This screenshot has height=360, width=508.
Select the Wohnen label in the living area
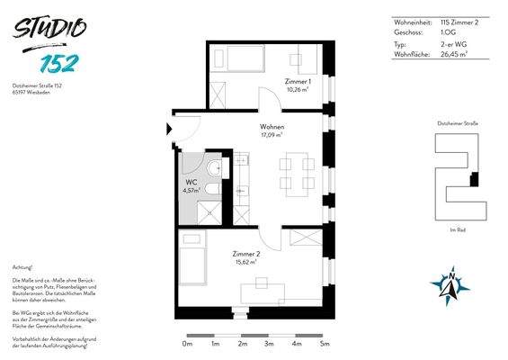[x=272, y=128]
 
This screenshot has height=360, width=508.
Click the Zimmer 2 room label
[x=246, y=255]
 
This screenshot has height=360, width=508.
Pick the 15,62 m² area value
[x=247, y=263]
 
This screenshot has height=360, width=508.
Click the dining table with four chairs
[x=296, y=174]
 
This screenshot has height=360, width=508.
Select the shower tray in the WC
[x=192, y=211]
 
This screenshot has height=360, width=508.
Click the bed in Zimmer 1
[x=238, y=59]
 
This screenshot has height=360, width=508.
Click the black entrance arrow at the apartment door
[x=169, y=128]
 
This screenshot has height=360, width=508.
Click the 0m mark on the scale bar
[x=187, y=343]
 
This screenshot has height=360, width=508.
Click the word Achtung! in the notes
[x=23, y=267]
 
